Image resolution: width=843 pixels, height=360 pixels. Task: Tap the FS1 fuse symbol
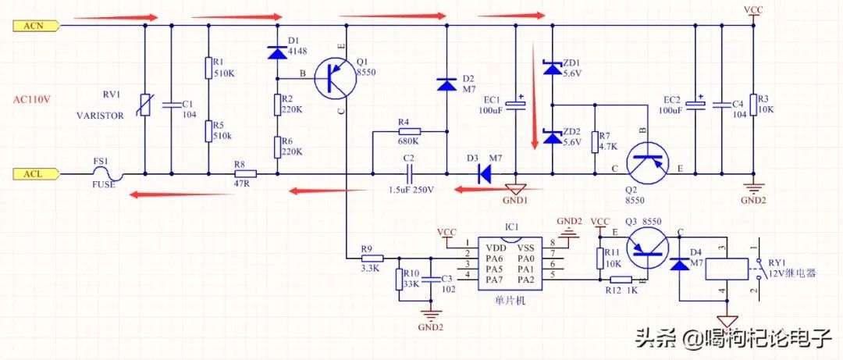point(108,173)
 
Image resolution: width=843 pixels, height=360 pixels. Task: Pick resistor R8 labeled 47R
point(245,173)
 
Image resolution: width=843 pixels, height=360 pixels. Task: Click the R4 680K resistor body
point(409,130)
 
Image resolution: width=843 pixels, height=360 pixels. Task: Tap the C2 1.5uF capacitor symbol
point(409,173)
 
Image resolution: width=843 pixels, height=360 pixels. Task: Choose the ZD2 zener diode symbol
point(553,137)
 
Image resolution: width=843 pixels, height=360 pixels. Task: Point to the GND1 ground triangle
point(515,189)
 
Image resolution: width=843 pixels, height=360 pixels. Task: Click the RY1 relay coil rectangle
point(727,269)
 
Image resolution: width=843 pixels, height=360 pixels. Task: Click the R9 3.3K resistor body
point(372,258)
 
